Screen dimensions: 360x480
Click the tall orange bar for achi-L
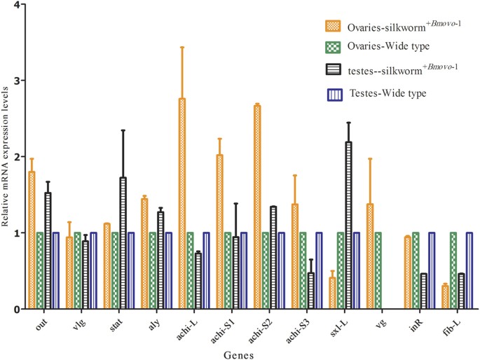coord(181,203)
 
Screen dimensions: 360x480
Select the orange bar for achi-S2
coord(257,207)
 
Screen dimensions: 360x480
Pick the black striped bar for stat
coord(123,242)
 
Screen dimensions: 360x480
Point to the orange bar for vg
coord(370,256)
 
